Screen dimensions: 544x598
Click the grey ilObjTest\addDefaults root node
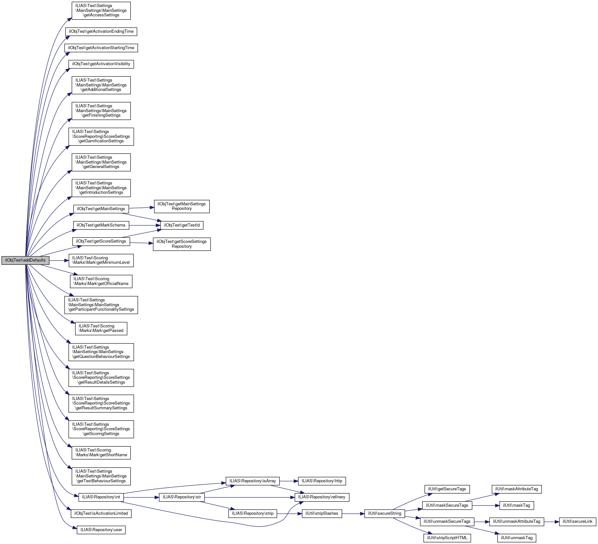25,260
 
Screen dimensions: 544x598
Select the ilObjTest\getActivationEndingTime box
101,31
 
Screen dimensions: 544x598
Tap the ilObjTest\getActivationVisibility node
101,64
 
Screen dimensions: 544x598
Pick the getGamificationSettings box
101,137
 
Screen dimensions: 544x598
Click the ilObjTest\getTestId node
182,225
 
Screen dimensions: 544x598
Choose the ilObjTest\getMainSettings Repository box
182,206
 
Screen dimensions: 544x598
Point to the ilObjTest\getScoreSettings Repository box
182,244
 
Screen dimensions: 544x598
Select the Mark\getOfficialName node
101,281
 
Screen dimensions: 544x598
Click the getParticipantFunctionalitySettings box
101,305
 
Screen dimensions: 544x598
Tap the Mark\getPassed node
101,328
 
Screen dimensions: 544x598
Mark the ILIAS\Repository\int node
101,497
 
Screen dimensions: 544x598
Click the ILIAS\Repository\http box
322,481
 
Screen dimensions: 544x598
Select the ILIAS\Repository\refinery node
322,497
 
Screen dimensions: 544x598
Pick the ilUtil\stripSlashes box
322,513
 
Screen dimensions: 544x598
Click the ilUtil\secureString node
385,513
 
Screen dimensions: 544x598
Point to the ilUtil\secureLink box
577,522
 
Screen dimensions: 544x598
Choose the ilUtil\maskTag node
516,505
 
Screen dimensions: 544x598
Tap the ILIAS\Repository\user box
101,530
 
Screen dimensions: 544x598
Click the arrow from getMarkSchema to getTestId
144,225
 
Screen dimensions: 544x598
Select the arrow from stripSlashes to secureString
353,513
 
